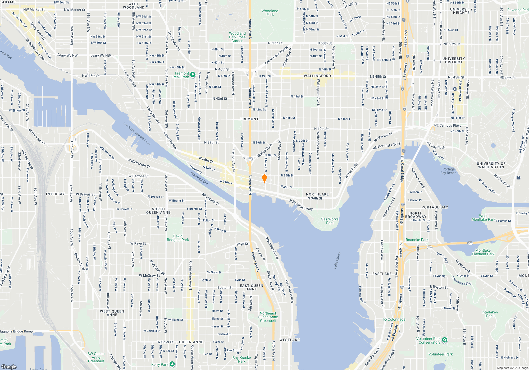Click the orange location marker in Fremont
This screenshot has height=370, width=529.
coord(264,178)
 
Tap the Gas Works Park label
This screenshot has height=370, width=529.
coord(330,221)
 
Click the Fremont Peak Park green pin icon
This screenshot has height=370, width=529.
coord(193,75)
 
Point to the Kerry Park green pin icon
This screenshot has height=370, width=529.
coord(172,364)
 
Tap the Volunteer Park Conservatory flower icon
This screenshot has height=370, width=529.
coord(445,340)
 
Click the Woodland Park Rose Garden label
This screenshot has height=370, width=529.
coord(237,37)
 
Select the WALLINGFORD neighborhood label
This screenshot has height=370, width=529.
coord(317,76)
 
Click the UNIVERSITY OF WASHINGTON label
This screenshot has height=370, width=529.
coord(491,165)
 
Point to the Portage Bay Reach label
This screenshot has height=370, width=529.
coord(448,171)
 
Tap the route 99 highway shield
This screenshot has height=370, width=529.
coord(250,159)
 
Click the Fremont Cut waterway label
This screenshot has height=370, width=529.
coord(199,178)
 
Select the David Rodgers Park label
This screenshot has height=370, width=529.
coord(178,238)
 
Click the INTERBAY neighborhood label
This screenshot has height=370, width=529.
coord(55,194)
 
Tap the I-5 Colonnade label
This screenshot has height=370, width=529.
coord(394,319)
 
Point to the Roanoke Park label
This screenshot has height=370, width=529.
coord(417,240)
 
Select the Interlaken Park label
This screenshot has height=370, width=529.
coord(490,314)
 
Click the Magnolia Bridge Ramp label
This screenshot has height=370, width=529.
coord(16,331)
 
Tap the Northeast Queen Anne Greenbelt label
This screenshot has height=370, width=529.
coord(268,317)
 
